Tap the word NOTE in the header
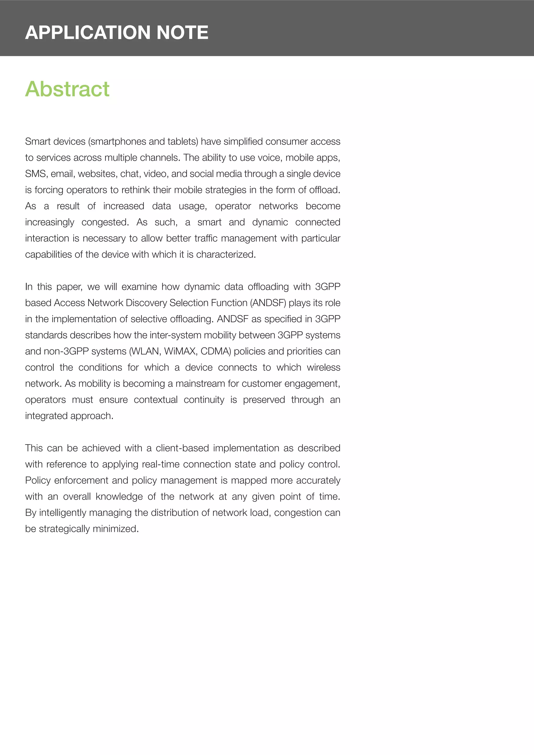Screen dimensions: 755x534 182,33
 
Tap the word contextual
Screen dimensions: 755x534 155,400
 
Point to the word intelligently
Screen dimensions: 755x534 63,512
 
